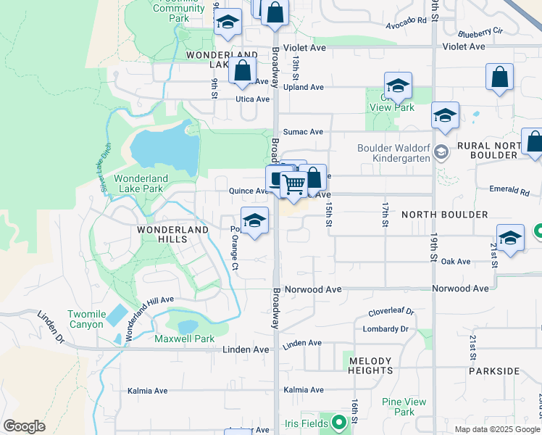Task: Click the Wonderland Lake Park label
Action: pos(141,183)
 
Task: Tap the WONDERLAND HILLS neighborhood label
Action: pos(173,229)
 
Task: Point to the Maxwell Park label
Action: pos(184,339)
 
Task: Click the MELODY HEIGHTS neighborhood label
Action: pos(370,365)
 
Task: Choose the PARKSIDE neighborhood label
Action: pos(494,370)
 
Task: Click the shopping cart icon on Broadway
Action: pos(293,185)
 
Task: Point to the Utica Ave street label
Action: pos(252,99)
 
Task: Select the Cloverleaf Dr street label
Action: pos(391,312)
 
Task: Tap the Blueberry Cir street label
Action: pos(480,32)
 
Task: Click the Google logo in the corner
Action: pos(24,426)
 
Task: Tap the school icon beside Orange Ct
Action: pos(254,220)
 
